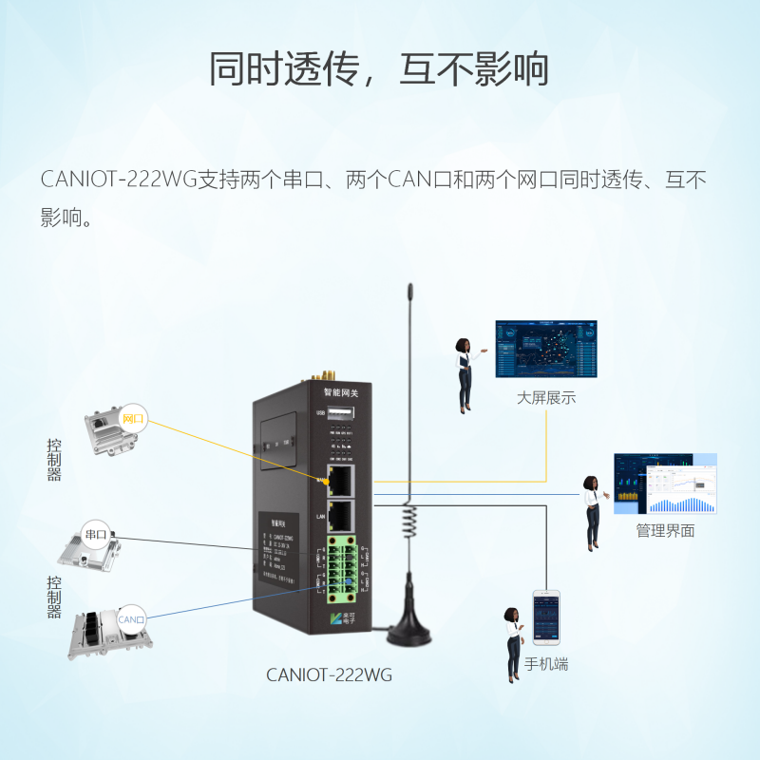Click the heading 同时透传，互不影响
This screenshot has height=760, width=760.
tap(379, 68)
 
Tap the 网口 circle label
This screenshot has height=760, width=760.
tap(133, 418)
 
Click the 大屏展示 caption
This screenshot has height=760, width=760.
tap(546, 398)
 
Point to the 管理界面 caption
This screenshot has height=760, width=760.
tap(665, 531)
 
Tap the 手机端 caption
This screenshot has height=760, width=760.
tap(546, 664)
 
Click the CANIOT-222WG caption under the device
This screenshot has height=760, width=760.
tap(329, 675)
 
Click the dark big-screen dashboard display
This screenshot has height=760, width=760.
tap(546, 348)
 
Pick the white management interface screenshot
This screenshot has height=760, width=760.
tap(665, 484)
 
